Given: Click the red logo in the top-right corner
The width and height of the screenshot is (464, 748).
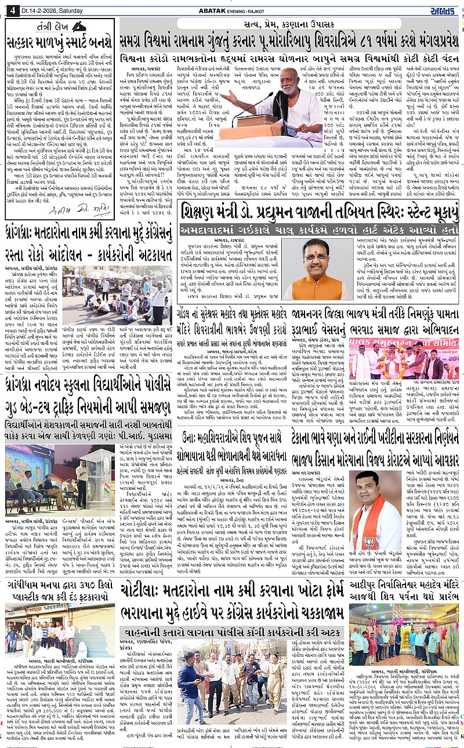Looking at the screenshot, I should (x=444, y=9).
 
